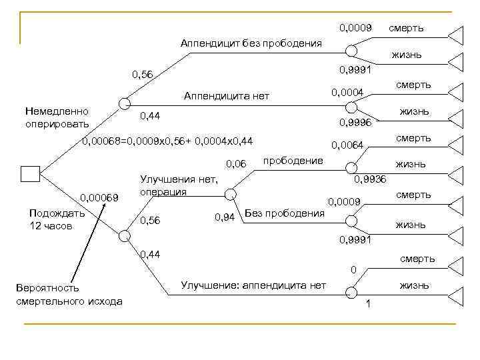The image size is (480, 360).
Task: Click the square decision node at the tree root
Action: pos(31,174)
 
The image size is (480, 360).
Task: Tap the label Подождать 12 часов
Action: pos(57,219)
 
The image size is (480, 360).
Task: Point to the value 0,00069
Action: pos(99,197)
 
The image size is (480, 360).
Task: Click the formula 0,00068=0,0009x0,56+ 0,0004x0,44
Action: pos(167,141)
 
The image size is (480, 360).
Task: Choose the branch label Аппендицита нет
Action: pos(227,96)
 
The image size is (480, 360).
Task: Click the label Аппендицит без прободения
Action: pos(251,43)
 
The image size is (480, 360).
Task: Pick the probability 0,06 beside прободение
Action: pos(237,163)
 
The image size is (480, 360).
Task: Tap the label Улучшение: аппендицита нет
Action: pos(253,285)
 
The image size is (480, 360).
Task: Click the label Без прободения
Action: pos(285,213)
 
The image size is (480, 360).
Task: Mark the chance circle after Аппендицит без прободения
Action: pos(351,51)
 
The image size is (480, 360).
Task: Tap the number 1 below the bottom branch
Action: pos(368,305)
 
